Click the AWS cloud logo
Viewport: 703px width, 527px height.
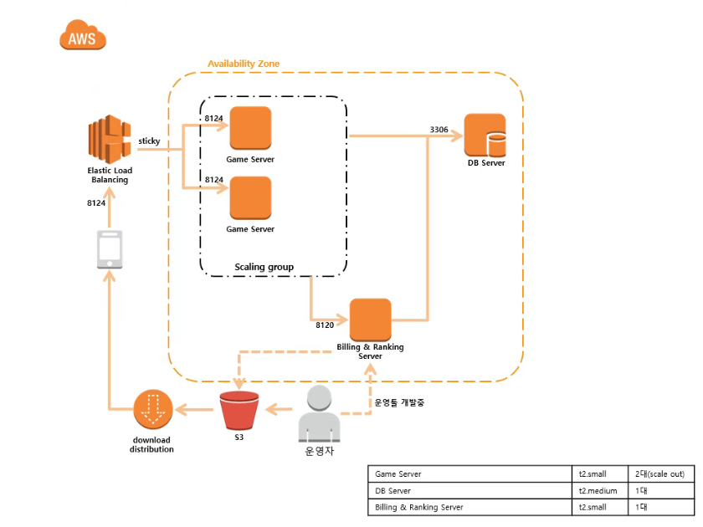tap(83, 36)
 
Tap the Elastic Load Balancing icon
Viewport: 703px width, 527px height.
tap(109, 140)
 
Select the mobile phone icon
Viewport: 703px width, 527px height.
tap(109, 250)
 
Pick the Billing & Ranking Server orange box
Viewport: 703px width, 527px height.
tap(370, 320)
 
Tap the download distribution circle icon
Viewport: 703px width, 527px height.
tap(151, 411)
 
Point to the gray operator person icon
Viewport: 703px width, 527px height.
tap(319, 413)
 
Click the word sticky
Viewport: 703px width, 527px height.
tap(150, 141)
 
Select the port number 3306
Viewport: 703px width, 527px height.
tap(439, 130)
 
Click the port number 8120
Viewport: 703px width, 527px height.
tap(326, 324)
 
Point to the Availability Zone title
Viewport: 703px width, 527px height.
tap(244, 64)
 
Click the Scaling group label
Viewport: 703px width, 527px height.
tap(264, 267)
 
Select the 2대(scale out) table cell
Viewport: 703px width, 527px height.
tap(659, 473)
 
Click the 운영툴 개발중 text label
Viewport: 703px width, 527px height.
tap(399, 402)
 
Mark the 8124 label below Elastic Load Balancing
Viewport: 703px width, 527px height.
tap(96, 203)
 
